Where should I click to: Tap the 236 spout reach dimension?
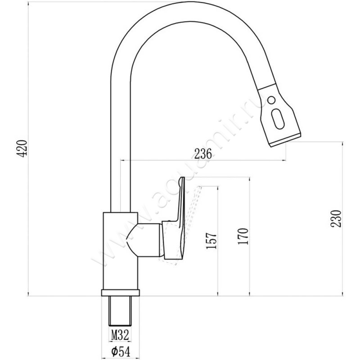tap(203, 153)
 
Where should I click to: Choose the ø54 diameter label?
tap(119, 351)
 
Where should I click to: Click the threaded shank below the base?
tap(120, 310)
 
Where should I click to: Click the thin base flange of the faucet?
tap(120, 292)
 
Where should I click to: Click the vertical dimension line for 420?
tap(28, 148)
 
